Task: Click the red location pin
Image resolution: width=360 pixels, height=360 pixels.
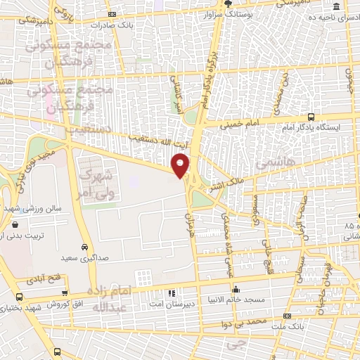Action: coord(181,165)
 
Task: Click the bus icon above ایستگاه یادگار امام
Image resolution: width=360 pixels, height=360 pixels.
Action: coord(311,117)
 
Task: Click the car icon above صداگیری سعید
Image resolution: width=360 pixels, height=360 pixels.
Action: coord(84,247)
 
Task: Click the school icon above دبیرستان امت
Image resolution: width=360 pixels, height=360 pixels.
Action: coord(171,292)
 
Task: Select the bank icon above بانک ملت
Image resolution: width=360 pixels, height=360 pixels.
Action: coord(286,317)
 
